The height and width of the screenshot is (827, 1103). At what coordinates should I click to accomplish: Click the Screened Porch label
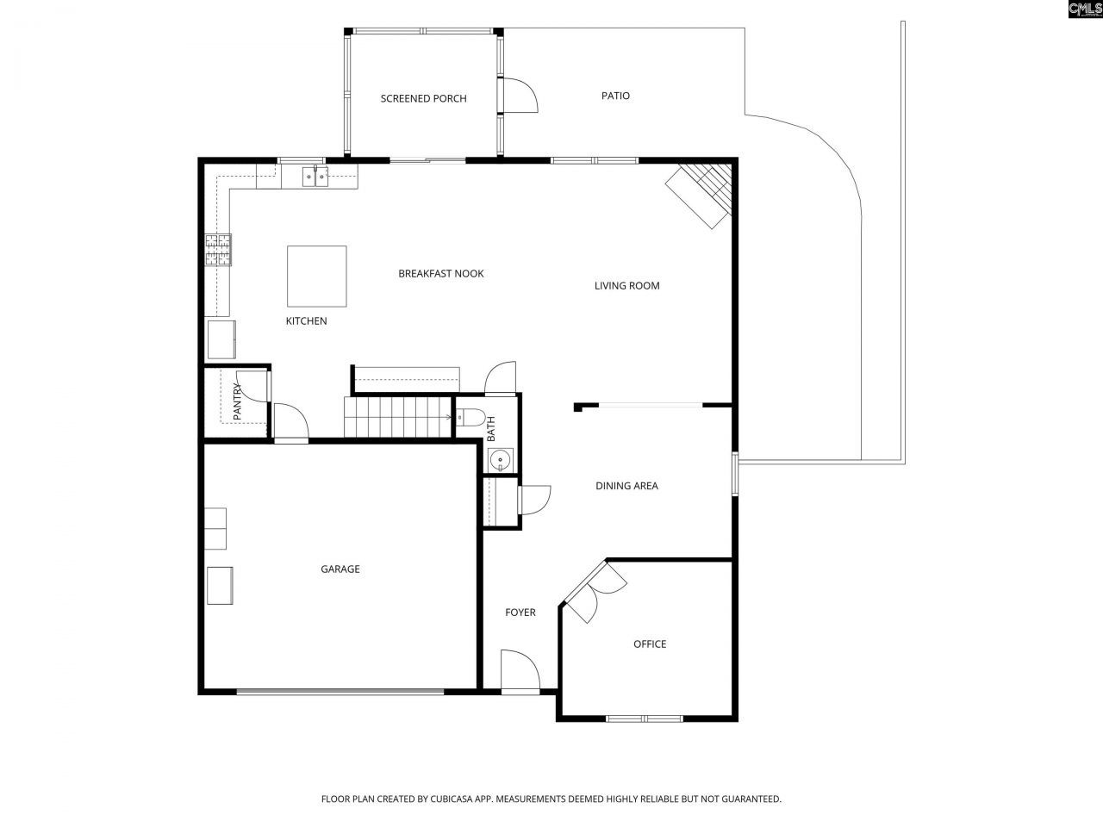(423, 98)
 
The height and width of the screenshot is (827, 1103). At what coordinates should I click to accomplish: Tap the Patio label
(615, 96)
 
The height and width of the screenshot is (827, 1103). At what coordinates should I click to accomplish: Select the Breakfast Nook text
(440, 273)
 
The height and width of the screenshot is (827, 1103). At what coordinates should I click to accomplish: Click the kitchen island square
(316, 276)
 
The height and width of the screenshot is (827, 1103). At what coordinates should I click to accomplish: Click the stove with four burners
(218, 250)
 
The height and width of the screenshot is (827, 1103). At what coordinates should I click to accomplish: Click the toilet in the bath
(469, 418)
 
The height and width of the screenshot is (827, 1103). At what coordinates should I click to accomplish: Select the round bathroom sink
(499, 462)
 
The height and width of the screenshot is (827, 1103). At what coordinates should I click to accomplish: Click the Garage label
(340, 569)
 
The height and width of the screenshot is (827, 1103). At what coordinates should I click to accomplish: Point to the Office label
(649, 644)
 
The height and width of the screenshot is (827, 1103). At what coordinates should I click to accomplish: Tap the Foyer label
(520, 612)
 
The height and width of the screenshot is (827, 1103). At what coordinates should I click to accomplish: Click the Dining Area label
(626, 486)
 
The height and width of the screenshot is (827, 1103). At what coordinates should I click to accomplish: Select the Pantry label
(237, 401)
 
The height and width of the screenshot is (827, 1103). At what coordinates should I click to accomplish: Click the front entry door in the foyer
(520, 673)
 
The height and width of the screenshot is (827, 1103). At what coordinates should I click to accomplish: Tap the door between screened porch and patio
(517, 95)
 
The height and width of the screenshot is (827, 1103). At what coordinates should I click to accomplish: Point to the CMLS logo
(1084, 9)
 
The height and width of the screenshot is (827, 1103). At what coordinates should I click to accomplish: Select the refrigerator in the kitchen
(222, 339)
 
